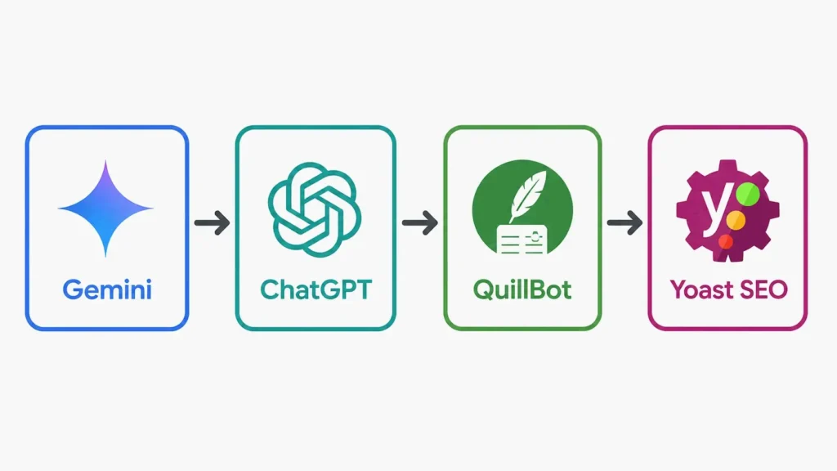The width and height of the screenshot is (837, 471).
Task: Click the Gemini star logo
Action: (105, 209)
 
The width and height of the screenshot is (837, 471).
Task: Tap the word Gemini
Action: (107, 290)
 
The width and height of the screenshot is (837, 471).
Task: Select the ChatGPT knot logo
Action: (315, 210)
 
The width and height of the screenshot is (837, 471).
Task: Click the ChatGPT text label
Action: (316, 290)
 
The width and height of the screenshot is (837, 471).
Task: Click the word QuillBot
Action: (522, 290)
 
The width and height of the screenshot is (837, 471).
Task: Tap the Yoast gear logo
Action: (727, 210)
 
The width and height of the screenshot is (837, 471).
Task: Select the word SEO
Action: (764, 290)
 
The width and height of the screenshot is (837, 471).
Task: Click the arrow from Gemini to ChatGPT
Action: (212, 222)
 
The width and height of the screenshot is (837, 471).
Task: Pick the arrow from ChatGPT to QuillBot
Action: (420, 222)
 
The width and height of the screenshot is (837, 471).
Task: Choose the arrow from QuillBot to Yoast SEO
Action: (624, 222)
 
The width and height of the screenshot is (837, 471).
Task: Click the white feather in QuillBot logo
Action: (528, 195)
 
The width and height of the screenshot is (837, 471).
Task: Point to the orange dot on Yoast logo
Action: (736, 220)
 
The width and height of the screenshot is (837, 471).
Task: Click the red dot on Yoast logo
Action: (726, 241)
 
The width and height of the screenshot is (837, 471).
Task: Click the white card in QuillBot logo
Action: (522, 240)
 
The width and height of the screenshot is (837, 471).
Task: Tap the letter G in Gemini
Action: (72, 290)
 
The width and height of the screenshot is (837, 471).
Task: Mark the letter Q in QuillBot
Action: (484, 290)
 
